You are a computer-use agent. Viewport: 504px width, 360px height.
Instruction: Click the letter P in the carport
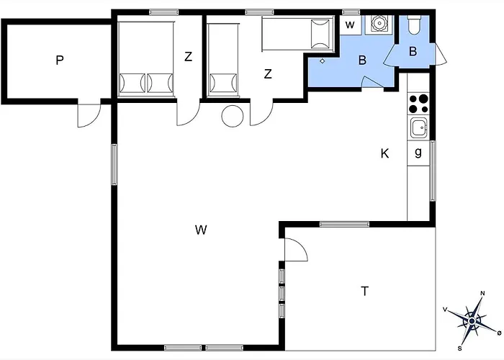pyautogui.click(x=60, y=60)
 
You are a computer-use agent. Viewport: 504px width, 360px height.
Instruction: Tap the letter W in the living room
pyautogui.click(x=201, y=230)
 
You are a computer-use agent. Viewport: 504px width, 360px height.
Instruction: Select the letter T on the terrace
pyautogui.click(x=364, y=291)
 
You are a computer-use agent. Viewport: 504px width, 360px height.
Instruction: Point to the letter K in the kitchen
pyautogui.click(x=384, y=153)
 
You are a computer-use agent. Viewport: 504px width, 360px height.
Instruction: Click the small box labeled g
pyautogui.click(x=418, y=153)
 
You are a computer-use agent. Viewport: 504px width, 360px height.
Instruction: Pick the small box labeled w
pyautogui.click(x=350, y=25)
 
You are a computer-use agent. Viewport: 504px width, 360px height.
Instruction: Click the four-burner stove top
pyautogui.click(x=418, y=104)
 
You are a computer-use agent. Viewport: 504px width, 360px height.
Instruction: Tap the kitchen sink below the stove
pyautogui.click(x=419, y=127)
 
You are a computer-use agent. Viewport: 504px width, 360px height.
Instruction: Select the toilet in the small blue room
pyautogui.click(x=413, y=25)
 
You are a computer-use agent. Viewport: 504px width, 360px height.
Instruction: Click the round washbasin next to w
pyautogui.click(x=379, y=24)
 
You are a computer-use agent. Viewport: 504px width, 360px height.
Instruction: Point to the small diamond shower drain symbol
pyautogui.click(x=323, y=60)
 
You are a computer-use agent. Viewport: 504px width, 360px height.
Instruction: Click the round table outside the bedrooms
pyautogui.click(x=233, y=116)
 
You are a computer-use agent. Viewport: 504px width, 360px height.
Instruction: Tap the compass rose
pyautogui.click(x=472, y=321)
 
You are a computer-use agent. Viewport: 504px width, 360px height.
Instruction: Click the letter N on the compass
pyautogui.click(x=482, y=293)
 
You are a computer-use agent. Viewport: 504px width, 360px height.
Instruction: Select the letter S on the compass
pyautogui.click(x=460, y=348)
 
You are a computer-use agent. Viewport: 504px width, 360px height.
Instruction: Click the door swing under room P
pyautogui.click(x=89, y=115)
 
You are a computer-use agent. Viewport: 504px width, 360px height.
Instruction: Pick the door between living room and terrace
pyautogui.click(x=296, y=250)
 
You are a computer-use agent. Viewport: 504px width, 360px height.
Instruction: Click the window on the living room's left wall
pyautogui.click(x=114, y=165)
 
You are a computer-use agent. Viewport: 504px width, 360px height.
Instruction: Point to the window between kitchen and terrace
pyautogui.click(x=344, y=224)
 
